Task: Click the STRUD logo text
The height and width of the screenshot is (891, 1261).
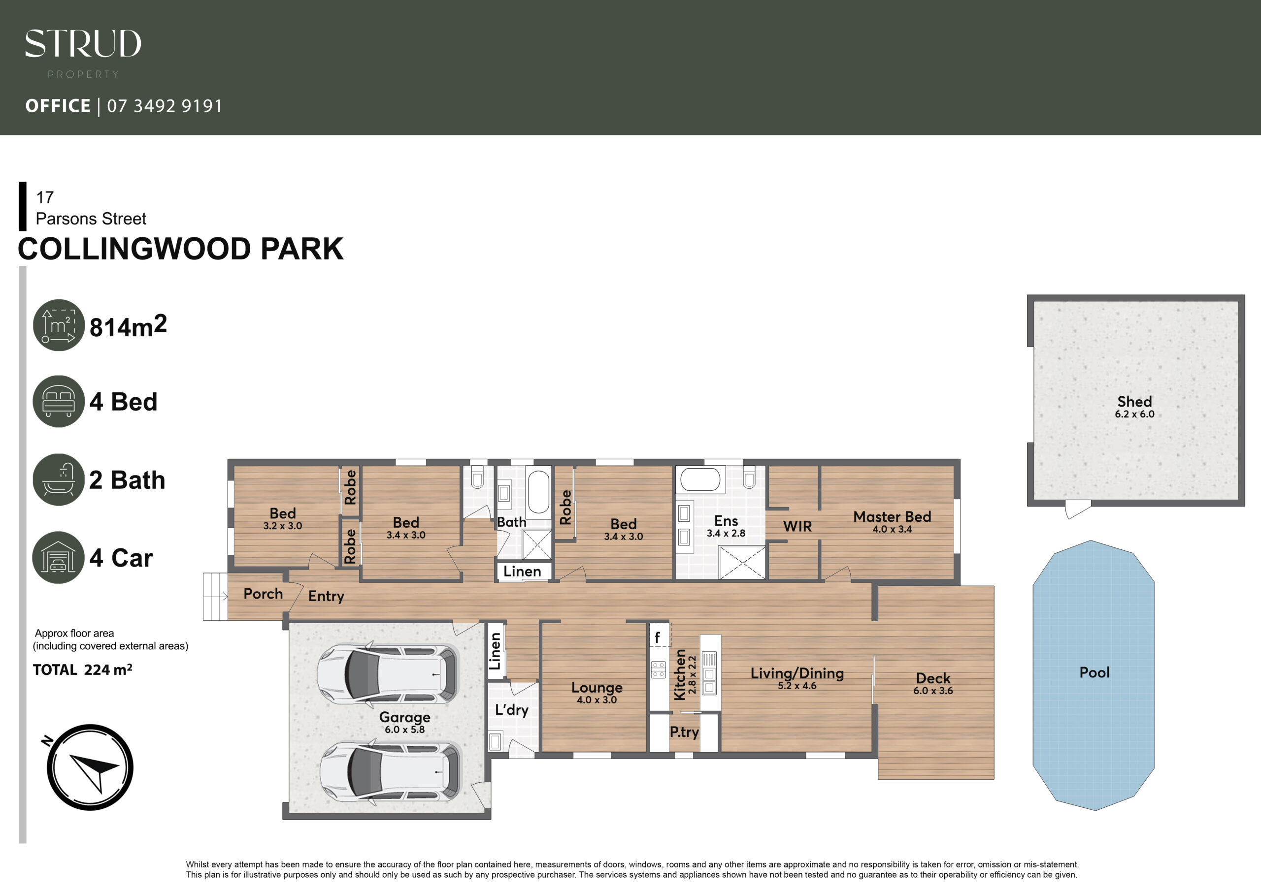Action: coord(83,43)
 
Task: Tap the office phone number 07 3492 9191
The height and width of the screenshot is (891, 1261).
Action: coord(165,106)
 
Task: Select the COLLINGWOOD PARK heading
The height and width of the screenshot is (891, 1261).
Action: coord(181,249)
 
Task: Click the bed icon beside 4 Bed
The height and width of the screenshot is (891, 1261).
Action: coord(59,401)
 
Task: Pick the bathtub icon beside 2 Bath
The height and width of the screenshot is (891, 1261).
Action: coord(59,479)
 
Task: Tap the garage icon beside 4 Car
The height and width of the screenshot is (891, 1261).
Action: coord(59,557)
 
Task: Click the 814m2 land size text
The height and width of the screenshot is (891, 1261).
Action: coord(128,325)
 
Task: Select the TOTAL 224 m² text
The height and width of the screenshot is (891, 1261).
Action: coord(82,670)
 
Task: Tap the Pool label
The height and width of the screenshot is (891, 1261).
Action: coord(1095,672)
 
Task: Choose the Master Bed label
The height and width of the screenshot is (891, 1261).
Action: coord(893,516)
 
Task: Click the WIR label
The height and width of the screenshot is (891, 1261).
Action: coord(797,526)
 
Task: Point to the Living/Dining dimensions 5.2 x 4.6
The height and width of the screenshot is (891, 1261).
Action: coord(797,686)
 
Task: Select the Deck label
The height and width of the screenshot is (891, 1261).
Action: coord(933,678)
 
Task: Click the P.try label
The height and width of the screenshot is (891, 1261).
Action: coord(684,732)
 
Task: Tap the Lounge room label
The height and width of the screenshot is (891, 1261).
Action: coord(597,687)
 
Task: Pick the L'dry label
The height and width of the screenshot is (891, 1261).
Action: coord(512,710)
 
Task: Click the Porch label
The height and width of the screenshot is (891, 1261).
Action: coord(263,594)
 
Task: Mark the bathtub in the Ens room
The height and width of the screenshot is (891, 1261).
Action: coord(700,479)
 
